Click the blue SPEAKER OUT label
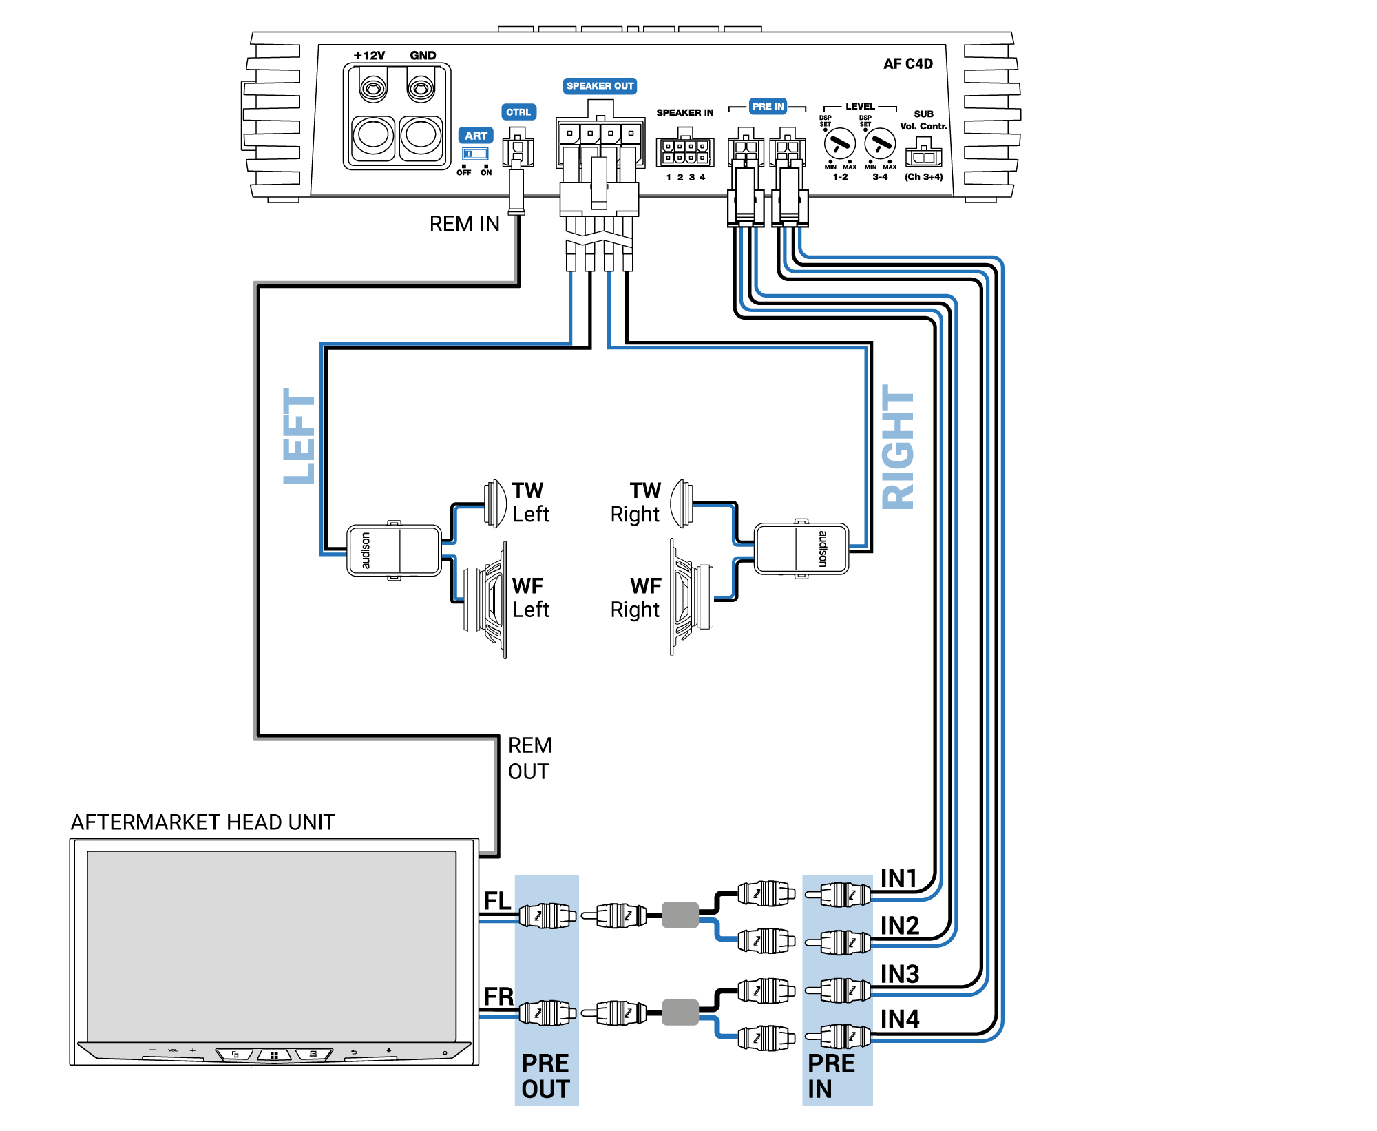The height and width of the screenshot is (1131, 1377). point(600,86)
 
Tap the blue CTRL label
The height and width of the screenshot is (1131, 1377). point(518,112)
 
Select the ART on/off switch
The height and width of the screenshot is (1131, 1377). point(475,154)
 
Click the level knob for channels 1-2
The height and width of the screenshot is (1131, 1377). point(839,144)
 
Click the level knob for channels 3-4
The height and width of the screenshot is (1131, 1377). point(879,144)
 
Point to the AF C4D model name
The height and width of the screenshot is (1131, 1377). point(907,64)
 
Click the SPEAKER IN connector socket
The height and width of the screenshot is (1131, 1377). point(685,152)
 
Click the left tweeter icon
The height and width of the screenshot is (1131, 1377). point(495,504)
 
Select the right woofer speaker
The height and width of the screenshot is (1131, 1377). point(691,596)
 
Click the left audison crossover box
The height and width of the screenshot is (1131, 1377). point(394,550)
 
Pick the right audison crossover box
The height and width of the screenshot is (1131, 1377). point(801,548)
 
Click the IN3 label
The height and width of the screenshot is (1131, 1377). point(900,974)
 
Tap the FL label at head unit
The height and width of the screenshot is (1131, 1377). point(497,900)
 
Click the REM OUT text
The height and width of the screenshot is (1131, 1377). point(529,758)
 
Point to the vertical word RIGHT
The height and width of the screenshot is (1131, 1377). point(898,447)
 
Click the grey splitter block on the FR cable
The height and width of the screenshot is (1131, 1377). point(680,1012)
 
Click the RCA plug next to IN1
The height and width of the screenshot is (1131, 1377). point(839,895)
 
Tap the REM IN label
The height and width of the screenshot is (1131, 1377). point(464,224)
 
